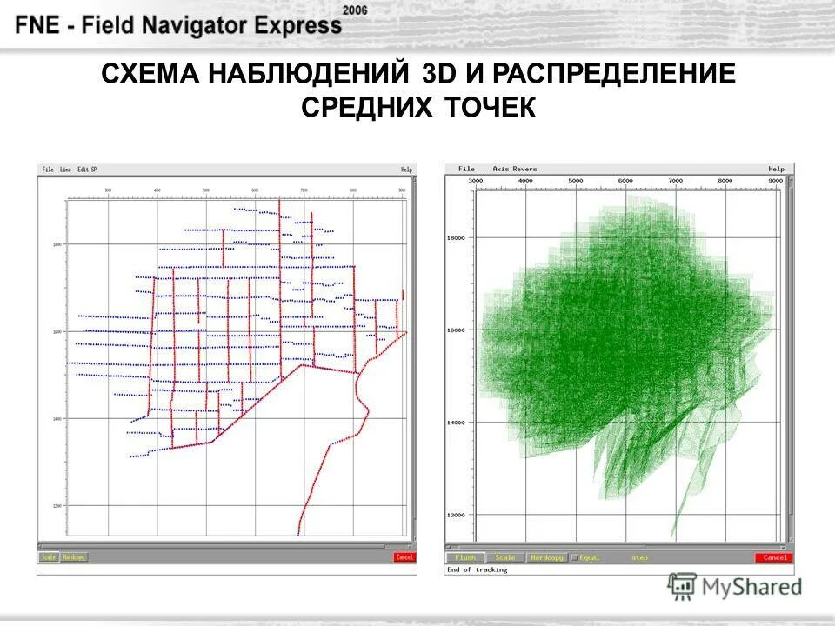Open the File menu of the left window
[x=47, y=170]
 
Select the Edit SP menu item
[x=87, y=170]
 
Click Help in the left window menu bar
[x=406, y=170]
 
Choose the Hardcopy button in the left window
[x=74, y=556]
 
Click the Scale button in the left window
[x=49, y=556]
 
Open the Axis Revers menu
[x=515, y=169]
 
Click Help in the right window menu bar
[x=776, y=169]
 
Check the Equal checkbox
[x=574, y=557]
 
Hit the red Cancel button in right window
[x=774, y=557]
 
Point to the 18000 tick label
[x=456, y=237]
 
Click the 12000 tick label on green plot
[x=456, y=515]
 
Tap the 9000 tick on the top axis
[x=775, y=180]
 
